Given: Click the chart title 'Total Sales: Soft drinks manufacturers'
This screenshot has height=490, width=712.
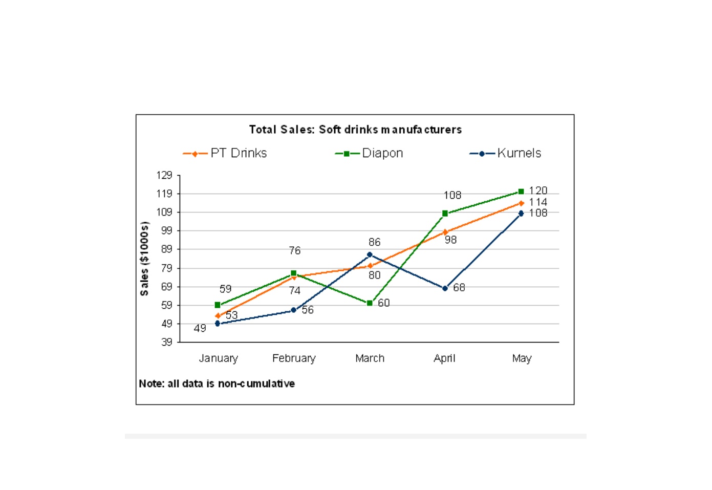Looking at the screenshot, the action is [x=355, y=130].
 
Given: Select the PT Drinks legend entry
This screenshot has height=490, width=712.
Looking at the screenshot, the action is [x=225, y=153].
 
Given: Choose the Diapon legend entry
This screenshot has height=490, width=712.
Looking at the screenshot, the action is [x=369, y=153].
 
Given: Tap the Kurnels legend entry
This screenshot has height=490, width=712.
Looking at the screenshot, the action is [x=505, y=153].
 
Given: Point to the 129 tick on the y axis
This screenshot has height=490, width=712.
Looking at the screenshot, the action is [x=164, y=175].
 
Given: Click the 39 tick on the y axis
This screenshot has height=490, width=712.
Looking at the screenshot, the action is [x=166, y=343].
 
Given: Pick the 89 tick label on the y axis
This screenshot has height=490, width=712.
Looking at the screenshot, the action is [x=166, y=249].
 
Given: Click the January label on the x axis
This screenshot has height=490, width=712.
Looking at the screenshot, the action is [x=219, y=359].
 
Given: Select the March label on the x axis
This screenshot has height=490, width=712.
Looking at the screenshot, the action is [x=370, y=359].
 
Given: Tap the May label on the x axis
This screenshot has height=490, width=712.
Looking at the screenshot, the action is [x=522, y=359].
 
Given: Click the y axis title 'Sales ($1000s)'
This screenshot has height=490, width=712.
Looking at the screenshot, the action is [x=145, y=259].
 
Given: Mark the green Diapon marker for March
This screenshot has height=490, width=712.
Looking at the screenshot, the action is [x=370, y=303].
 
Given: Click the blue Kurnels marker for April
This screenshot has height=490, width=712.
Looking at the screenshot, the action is [x=445, y=288].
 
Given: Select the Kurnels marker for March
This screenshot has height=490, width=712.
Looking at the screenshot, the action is [x=370, y=254].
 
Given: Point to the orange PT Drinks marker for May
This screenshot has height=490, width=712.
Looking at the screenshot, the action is [x=521, y=203].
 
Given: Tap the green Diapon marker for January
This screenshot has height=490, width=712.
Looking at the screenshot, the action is [x=218, y=305].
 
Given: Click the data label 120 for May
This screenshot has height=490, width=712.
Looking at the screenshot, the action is [x=538, y=191].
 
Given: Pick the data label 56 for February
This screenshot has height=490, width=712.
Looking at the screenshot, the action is [x=307, y=310].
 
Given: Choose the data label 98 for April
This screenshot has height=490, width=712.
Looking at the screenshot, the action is [x=450, y=240].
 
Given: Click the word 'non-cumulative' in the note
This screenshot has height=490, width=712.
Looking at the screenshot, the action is [x=256, y=384].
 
